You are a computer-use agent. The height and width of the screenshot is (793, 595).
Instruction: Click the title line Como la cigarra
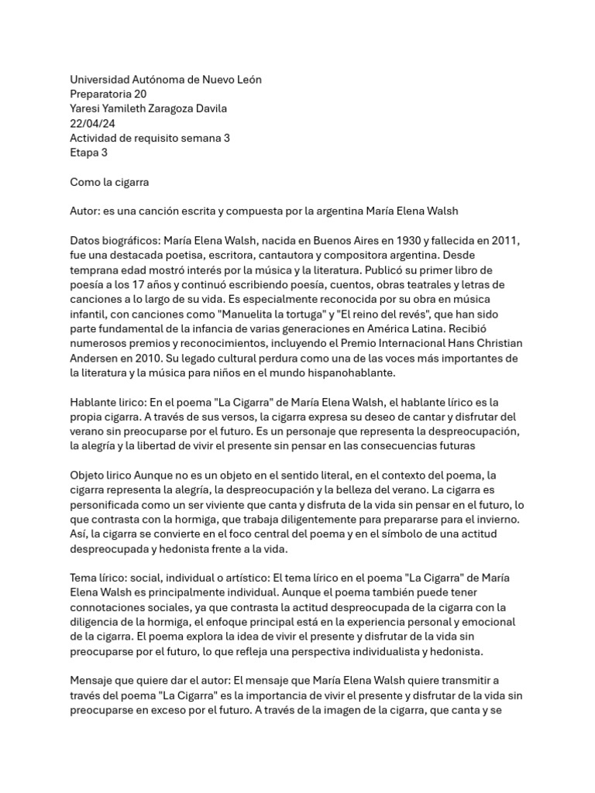109,183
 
